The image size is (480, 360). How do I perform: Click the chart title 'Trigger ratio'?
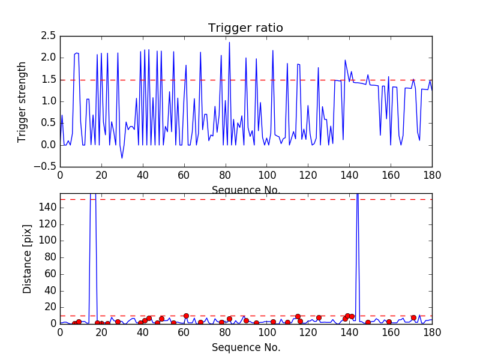[x=245, y=28]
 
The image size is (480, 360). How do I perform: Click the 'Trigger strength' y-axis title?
[x=22, y=102]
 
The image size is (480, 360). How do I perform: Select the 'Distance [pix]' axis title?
[x=27, y=259]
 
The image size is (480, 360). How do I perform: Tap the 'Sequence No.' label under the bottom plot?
[x=246, y=347]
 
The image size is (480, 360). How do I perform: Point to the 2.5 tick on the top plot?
[x=49, y=36]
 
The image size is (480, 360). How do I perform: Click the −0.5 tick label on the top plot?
[x=45, y=167]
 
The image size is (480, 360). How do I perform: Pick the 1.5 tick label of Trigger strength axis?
[x=49, y=80]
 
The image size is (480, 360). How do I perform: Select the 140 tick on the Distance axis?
[x=48, y=208]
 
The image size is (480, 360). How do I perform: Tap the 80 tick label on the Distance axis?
[x=51, y=257]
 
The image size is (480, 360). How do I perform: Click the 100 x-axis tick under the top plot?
[x=267, y=175]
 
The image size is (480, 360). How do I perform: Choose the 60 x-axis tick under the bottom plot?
[x=184, y=332]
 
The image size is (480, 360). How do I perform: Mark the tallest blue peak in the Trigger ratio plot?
[x=229, y=43]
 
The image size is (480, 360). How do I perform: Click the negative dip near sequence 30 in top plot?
[x=122, y=158]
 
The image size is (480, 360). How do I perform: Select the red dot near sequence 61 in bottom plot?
[x=186, y=316]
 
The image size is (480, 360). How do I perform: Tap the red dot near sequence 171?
[x=413, y=318]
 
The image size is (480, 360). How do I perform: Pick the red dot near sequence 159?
[x=389, y=322]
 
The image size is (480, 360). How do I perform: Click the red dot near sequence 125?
[x=319, y=318]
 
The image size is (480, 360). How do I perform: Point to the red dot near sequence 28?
[x=118, y=322]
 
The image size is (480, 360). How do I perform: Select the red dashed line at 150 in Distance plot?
[x=246, y=200]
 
